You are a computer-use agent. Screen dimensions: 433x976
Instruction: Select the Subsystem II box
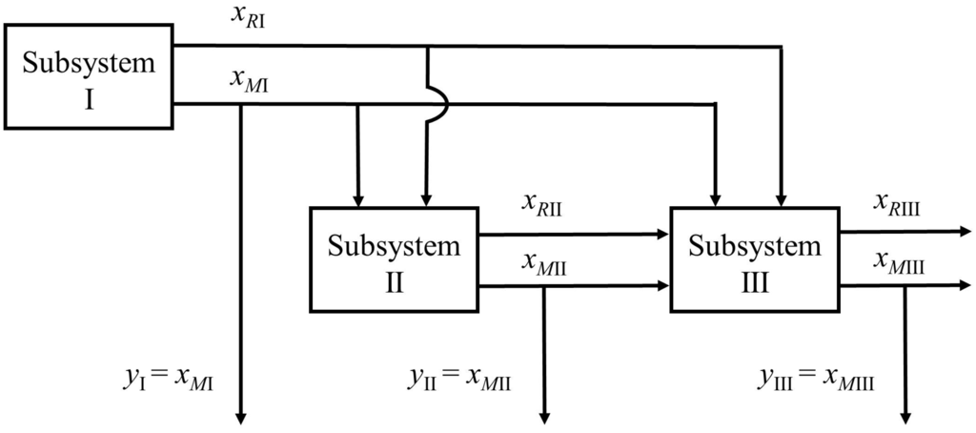pos(394,258)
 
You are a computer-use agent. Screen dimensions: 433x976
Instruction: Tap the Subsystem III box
pos(755,258)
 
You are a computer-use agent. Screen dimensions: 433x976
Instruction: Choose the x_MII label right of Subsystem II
pos(542,264)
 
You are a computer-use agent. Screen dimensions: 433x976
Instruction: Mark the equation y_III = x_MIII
pos(818,379)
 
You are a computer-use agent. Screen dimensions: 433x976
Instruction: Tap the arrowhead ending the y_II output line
pos(544,416)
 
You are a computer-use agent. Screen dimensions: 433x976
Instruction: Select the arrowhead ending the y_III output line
pos(905,416)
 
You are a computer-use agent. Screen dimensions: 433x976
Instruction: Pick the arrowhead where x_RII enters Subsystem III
pos(663,232)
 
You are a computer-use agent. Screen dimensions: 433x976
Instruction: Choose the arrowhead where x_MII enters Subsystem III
pos(663,285)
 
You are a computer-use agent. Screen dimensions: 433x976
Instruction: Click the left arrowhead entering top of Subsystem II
pos(358,200)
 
